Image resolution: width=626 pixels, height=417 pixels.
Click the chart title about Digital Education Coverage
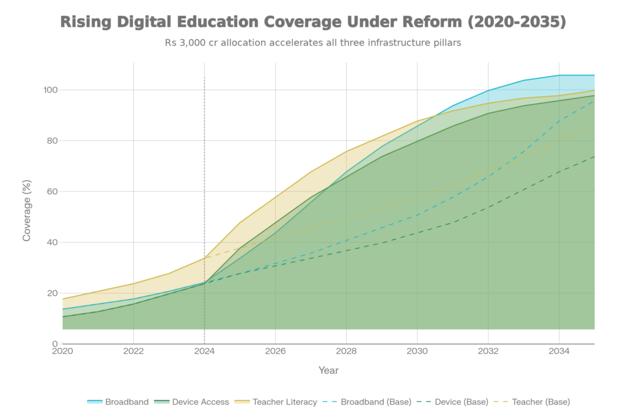(312, 23)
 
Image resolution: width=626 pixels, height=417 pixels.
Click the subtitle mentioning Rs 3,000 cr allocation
(312, 44)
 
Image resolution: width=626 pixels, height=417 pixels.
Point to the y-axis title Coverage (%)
(27, 210)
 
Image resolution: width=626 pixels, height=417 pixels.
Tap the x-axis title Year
(328, 370)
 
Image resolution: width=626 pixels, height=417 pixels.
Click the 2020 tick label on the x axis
(62, 351)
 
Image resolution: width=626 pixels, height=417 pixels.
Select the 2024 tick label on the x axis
(204, 351)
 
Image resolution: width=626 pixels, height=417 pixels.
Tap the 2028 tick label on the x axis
(346, 351)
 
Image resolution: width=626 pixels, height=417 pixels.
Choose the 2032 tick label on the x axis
(488, 351)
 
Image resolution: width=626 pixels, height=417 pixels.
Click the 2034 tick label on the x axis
(559, 351)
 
